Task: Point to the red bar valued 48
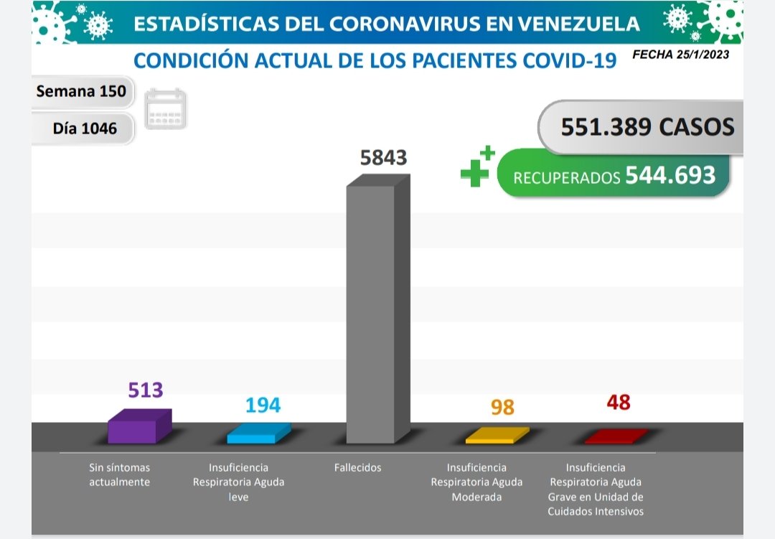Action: (x=615, y=436)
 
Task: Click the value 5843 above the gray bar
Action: (x=383, y=157)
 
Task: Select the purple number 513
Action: (x=146, y=390)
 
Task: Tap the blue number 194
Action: (x=263, y=406)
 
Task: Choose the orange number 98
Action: (x=502, y=407)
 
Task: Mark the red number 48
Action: (x=618, y=403)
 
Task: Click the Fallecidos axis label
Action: (x=357, y=468)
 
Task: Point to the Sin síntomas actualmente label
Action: (x=119, y=475)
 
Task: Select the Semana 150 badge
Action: (x=81, y=91)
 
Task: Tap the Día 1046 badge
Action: (x=84, y=128)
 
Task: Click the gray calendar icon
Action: (x=165, y=109)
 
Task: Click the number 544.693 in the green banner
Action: (x=670, y=174)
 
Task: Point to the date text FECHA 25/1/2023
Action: (x=680, y=55)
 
